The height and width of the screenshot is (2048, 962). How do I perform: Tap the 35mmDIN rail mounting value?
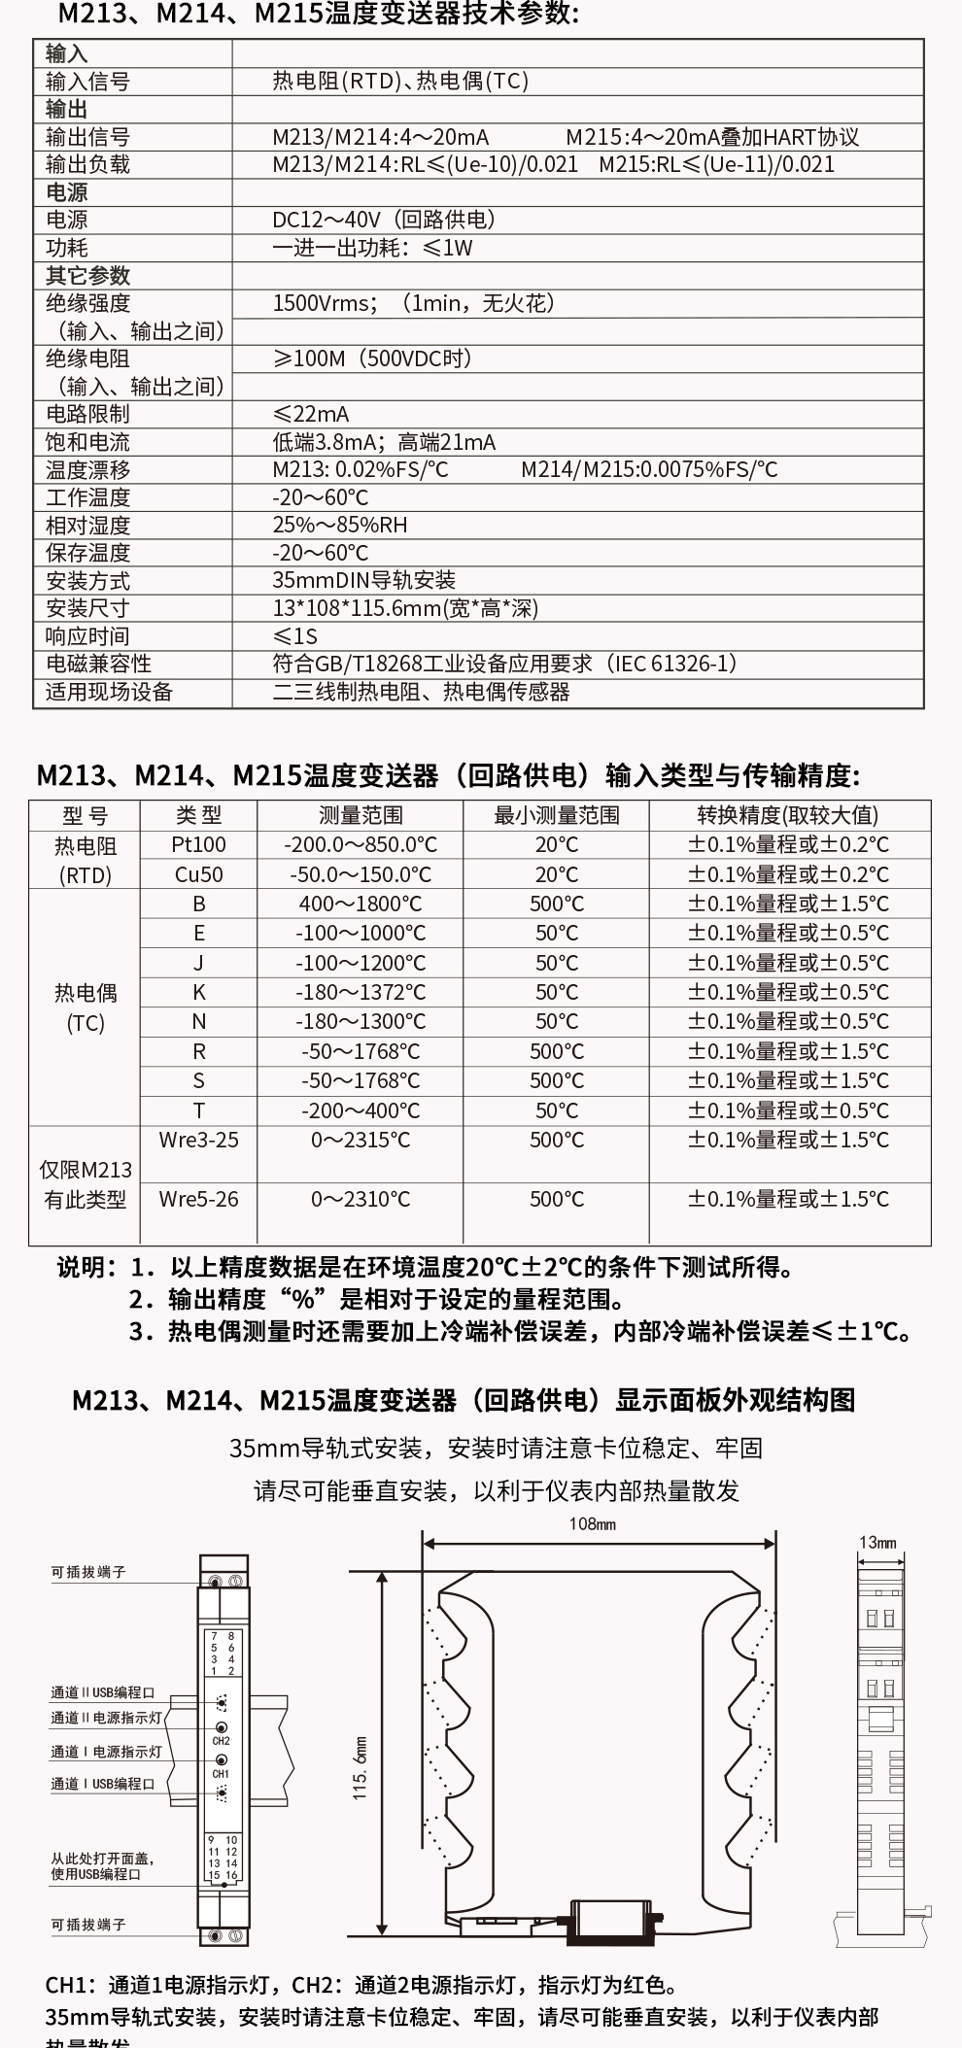click(363, 580)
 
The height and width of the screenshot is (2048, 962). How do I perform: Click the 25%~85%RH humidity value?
click(339, 525)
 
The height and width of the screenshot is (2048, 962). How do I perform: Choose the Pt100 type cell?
click(198, 844)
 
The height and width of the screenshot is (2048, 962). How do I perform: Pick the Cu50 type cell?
click(198, 874)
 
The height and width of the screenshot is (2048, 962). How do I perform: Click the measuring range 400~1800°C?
click(361, 904)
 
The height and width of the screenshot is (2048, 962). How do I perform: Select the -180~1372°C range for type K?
click(361, 992)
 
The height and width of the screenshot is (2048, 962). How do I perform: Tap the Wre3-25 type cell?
click(198, 1140)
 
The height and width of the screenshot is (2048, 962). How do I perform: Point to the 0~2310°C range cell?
click(361, 1199)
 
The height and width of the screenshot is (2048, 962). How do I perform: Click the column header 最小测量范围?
click(556, 815)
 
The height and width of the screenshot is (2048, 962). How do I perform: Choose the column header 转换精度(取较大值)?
click(788, 815)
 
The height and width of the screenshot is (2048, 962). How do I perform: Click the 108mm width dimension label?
click(592, 1524)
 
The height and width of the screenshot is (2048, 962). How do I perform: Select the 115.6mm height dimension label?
click(361, 1768)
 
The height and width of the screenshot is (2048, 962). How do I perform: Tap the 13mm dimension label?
click(877, 1542)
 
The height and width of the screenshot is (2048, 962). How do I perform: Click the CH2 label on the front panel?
click(221, 1741)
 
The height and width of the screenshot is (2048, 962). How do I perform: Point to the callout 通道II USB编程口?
click(103, 1692)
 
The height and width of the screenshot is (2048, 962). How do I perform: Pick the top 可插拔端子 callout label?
click(88, 1571)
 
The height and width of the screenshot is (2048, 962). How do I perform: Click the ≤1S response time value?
click(295, 636)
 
